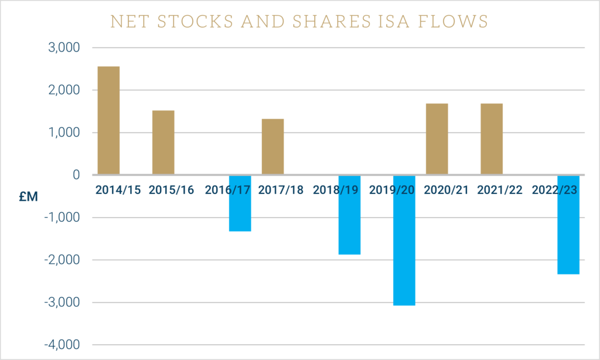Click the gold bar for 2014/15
(108, 120)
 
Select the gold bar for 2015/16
(163, 142)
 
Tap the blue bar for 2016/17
(240, 203)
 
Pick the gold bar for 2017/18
(272, 147)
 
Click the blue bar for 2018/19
(349, 215)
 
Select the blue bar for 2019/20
(404, 240)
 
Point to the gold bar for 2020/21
(437, 139)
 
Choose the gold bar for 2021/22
(491, 139)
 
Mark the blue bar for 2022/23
(568, 225)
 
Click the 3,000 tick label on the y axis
(62, 47)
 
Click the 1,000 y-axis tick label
(62, 133)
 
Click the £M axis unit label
(28, 196)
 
